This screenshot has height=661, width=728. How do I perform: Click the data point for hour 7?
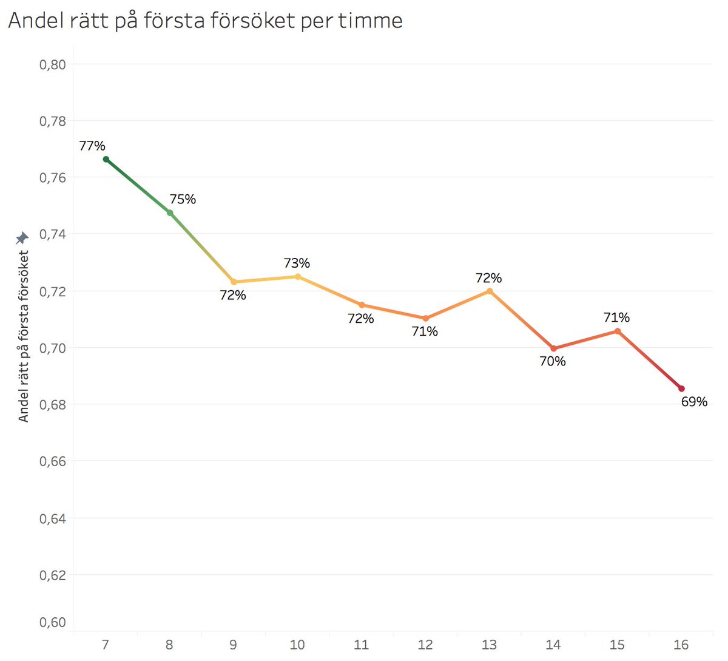pos(106,160)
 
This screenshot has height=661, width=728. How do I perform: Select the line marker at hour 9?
pos(234,282)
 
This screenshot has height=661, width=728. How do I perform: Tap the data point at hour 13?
pos(490,291)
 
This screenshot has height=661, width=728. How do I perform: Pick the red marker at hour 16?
pos(681,388)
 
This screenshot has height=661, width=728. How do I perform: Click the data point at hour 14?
pos(553,348)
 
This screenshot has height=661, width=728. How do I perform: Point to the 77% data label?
pos(92,146)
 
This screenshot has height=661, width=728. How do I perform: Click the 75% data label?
pos(183,199)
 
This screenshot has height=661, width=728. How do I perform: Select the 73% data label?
pos(297,263)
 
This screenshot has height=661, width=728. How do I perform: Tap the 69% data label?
pos(694,402)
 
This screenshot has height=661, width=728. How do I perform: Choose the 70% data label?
pos(553,361)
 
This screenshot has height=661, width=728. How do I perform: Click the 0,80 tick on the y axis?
pos(53,64)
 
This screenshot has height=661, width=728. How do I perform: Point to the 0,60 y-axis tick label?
pos(53,622)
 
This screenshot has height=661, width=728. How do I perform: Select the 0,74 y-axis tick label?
pos(53,234)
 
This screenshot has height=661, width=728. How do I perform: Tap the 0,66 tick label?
pos(53,461)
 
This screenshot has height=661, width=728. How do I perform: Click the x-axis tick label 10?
pos(297,645)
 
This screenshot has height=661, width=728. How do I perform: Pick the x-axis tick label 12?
pos(425,645)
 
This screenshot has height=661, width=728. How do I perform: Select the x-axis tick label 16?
pos(681,645)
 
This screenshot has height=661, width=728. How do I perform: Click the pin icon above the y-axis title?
pos(22,237)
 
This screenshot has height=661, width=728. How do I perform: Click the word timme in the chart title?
pos(370,21)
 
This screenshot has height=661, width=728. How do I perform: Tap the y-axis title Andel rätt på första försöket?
pos(24,336)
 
